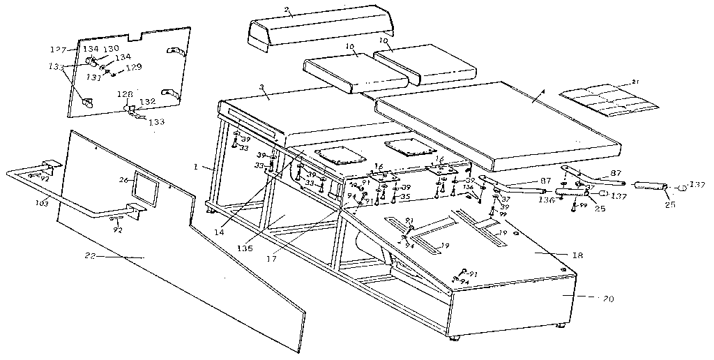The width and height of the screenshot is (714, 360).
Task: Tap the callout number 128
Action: tap(124, 94)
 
